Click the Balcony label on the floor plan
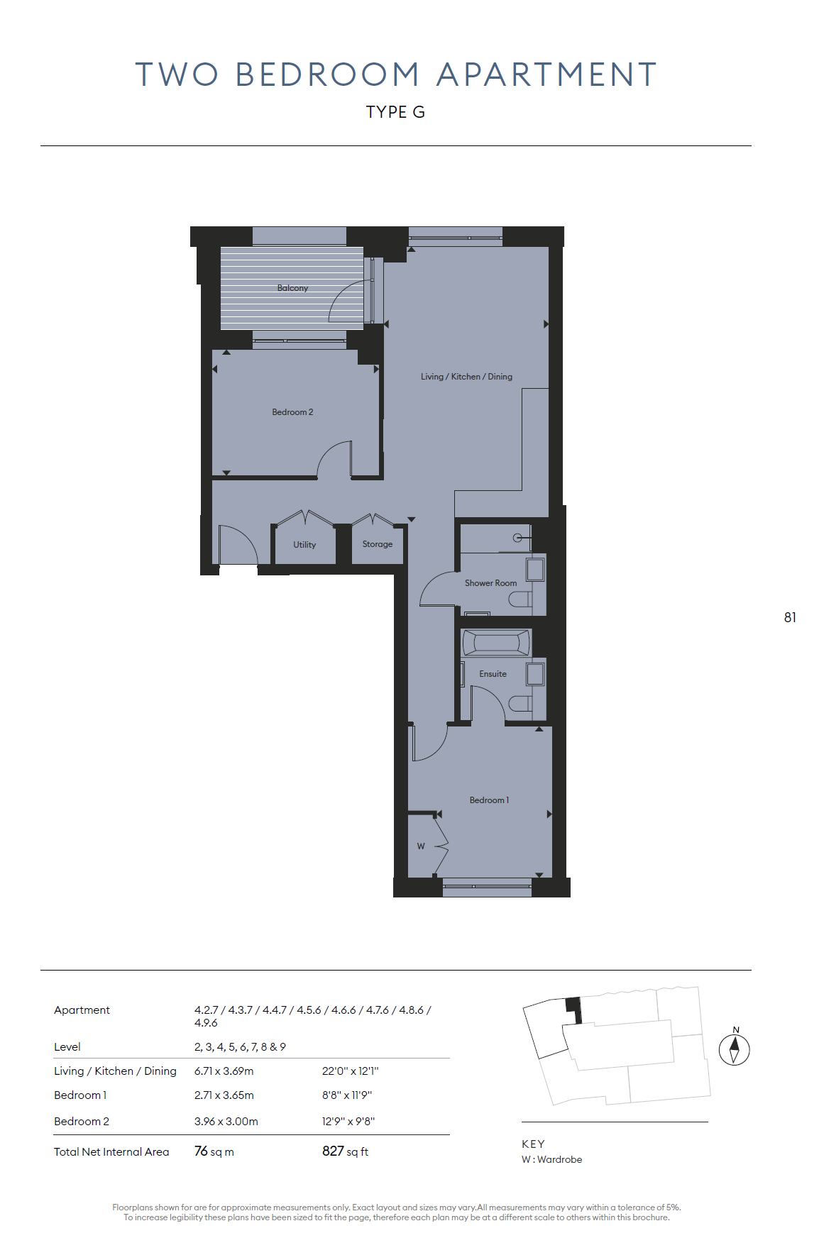pyautogui.click(x=292, y=288)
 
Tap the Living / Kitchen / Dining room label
pyautogui.click(x=466, y=377)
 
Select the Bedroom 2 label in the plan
pyautogui.click(x=292, y=412)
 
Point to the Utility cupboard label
pyautogui.click(x=304, y=545)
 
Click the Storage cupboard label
pyautogui.click(x=378, y=544)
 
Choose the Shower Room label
pyautogui.click(x=490, y=583)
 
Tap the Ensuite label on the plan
pyautogui.click(x=493, y=674)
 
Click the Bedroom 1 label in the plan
pyautogui.click(x=489, y=800)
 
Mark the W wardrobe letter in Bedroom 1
pyautogui.click(x=421, y=846)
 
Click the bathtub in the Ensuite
pyautogui.click(x=496, y=643)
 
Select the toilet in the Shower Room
pyautogui.click(x=520, y=600)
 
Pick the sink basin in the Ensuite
pyautogui.click(x=535, y=674)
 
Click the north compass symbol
pyautogui.click(x=735, y=1049)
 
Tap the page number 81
pyautogui.click(x=790, y=618)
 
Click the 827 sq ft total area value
pyautogui.click(x=345, y=1151)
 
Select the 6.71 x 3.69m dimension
pyautogui.click(x=224, y=1071)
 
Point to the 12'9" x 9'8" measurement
pyautogui.click(x=348, y=1122)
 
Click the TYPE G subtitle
pyautogui.click(x=395, y=112)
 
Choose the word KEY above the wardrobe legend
pyautogui.click(x=533, y=1144)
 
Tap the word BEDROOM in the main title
pyautogui.click(x=327, y=74)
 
